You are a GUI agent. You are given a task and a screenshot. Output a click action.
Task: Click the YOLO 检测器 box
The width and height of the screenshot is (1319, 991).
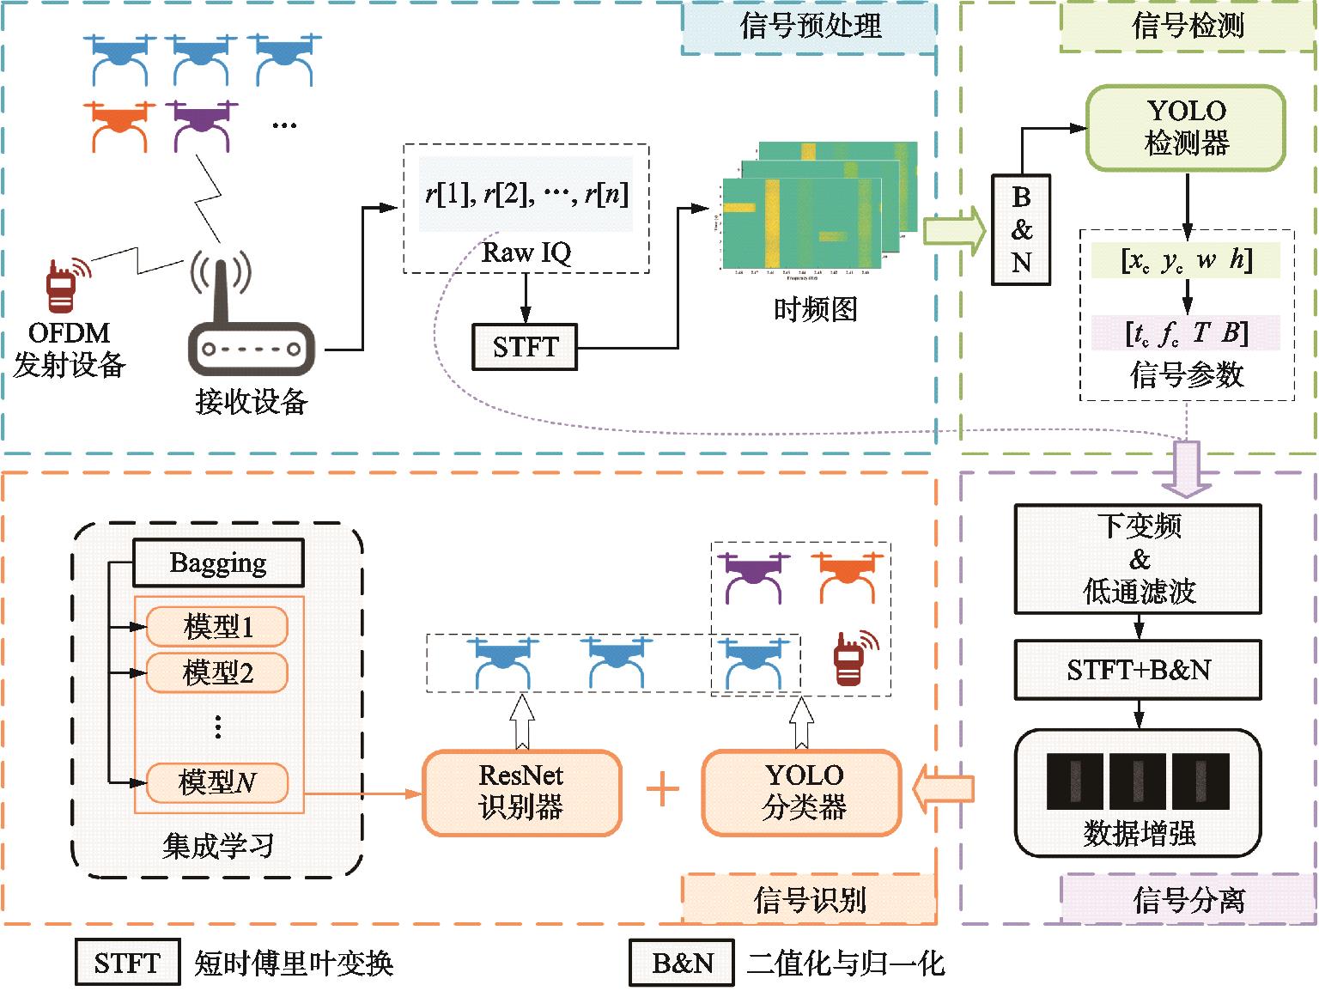click(1186, 127)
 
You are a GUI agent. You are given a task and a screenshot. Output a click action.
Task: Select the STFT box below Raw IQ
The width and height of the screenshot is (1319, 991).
click(525, 347)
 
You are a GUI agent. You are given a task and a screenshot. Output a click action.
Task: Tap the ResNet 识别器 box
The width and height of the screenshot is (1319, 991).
click(521, 792)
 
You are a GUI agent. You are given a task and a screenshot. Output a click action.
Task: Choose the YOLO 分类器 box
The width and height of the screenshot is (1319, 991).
click(802, 792)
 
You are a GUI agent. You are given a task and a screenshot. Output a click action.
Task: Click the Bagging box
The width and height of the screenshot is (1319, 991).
click(218, 563)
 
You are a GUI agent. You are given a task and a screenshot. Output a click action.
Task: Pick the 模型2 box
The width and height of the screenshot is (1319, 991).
click(217, 672)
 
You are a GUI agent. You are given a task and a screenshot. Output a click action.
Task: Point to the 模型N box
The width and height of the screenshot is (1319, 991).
click(217, 782)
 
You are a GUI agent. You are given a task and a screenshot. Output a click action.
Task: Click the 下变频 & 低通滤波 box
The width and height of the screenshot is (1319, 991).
click(1139, 559)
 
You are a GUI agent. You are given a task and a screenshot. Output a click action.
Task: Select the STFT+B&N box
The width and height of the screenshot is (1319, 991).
click(1139, 669)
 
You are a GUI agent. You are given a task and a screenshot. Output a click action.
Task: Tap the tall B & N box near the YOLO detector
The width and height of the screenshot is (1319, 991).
click(1021, 229)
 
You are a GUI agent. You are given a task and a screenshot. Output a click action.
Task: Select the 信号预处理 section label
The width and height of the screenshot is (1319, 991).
click(809, 27)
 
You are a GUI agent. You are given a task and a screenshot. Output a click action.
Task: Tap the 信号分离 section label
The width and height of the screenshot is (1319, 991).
click(1188, 900)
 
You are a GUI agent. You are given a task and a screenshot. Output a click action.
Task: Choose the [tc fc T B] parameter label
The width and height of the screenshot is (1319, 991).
click(1186, 333)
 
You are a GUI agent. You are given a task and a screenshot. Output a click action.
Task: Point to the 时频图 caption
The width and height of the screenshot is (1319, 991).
click(815, 307)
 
